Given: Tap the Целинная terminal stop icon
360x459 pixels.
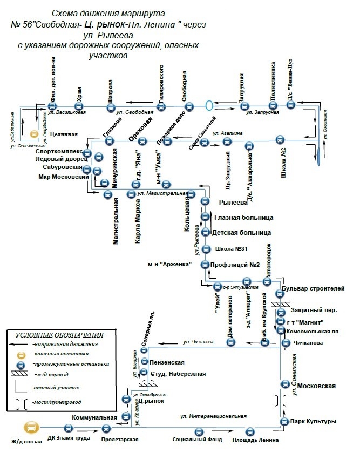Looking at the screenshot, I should pos(33,133).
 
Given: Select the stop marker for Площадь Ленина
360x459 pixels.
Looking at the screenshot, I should pos(250,431).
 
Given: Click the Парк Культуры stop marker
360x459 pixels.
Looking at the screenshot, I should pos(285,421).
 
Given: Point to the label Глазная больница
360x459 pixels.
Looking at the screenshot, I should pos(243,218).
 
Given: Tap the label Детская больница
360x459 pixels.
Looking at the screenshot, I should pos(242,233).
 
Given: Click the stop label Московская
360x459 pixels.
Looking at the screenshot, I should pos(316,386).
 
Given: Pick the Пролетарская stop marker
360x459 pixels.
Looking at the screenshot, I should pos(105,429).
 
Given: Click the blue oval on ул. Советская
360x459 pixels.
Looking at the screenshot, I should pos(318,156).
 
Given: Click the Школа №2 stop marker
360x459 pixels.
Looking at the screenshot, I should pos(280,140).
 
